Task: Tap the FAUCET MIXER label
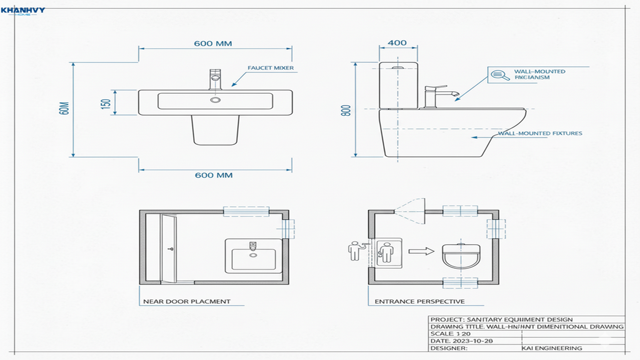click(271, 68)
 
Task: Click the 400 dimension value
click(397, 43)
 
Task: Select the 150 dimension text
click(106, 103)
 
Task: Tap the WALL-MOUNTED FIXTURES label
click(540, 133)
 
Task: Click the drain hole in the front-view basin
click(216, 99)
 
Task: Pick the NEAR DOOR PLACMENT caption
click(187, 301)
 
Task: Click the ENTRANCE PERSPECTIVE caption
click(411, 301)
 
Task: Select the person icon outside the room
click(356, 251)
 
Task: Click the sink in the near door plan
click(251, 255)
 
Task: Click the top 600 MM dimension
click(213, 44)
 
